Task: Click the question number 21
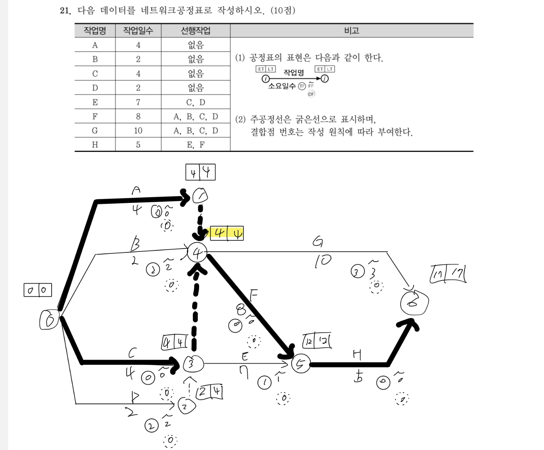65,10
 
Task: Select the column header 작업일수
138,30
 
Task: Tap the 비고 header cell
351,30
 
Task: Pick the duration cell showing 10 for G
138,130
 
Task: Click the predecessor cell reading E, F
196,145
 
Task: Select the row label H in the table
95,145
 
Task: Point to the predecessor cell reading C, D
196,102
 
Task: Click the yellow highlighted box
227,233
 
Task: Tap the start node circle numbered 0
49,320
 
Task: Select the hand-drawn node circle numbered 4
197,253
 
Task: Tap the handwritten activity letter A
136,191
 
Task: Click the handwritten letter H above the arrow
357,356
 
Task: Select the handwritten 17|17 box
448,274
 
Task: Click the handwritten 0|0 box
38,290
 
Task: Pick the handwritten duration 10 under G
322,261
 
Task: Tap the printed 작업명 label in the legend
293,72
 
